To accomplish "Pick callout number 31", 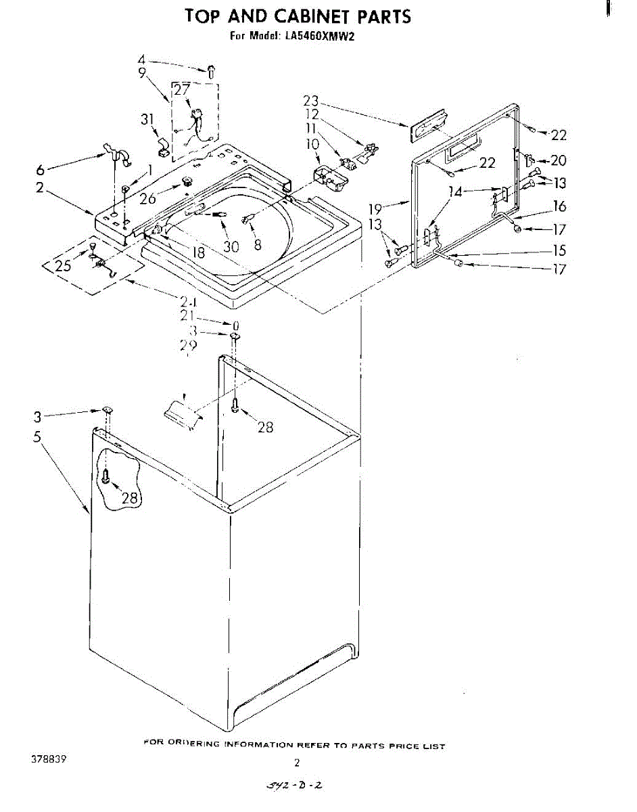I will coord(147,119).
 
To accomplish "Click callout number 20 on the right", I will coord(559,160).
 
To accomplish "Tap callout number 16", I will coord(559,206).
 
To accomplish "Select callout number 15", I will coord(559,250).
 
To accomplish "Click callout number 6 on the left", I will coord(40,170).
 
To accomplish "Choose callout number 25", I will coord(63,266).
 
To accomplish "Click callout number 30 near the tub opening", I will coord(231,247).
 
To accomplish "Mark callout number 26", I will coord(147,199).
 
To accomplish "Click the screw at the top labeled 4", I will coord(210,70).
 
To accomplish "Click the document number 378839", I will coord(48,759).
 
